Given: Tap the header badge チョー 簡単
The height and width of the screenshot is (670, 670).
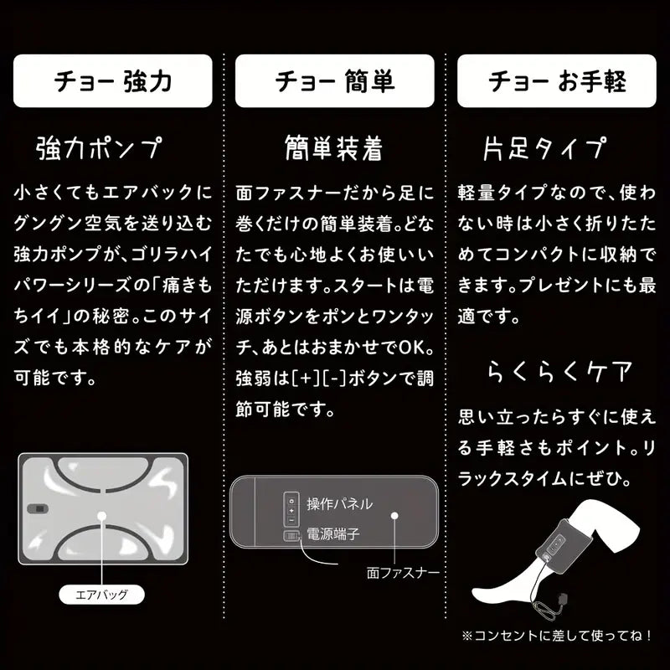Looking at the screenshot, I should [x=335, y=80].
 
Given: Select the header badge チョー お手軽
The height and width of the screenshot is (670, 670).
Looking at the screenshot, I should [x=558, y=80].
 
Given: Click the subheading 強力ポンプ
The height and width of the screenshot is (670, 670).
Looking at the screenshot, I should [x=99, y=148].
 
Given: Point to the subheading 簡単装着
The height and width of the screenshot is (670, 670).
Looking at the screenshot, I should [x=334, y=148].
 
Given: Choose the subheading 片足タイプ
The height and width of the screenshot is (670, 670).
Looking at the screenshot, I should [x=544, y=148].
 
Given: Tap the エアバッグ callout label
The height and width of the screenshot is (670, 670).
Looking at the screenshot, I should [x=100, y=595].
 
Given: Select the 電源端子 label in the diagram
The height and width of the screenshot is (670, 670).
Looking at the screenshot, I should [x=333, y=533].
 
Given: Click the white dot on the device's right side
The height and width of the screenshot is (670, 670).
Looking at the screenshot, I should [x=397, y=518].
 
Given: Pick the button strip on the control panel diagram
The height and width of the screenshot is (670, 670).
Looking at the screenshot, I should [x=291, y=509].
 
